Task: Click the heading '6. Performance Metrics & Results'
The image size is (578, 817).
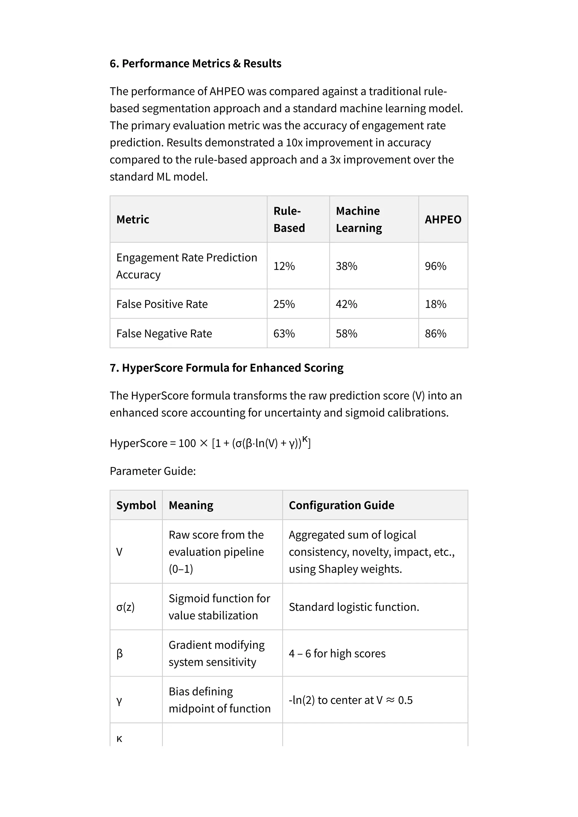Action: [195, 63]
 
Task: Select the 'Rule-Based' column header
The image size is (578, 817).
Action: [289, 219]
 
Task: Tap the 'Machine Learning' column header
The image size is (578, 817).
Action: [358, 219]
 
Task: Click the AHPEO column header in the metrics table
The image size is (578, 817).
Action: [443, 219]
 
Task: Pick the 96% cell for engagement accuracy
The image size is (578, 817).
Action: [435, 266]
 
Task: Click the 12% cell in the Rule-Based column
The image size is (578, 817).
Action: [284, 266]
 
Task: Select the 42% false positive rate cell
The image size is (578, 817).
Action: [346, 304]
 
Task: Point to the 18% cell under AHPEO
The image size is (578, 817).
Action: [435, 304]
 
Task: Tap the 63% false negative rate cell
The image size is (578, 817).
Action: [284, 334]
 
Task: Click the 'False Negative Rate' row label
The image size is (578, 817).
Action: [164, 334]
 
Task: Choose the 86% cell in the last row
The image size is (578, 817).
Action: [435, 334]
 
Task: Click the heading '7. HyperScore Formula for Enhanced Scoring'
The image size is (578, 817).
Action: [226, 368]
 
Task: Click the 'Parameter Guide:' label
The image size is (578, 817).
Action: [153, 471]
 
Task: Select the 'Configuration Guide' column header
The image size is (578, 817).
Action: [341, 505]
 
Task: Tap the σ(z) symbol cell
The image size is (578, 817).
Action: [125, 607]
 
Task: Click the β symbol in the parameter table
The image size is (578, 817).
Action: [120, 653]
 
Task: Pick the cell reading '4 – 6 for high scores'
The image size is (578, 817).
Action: [337, 654]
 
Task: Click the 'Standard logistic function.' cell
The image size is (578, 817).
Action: [354, 607]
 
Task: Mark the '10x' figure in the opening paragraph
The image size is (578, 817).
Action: [294, 143]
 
